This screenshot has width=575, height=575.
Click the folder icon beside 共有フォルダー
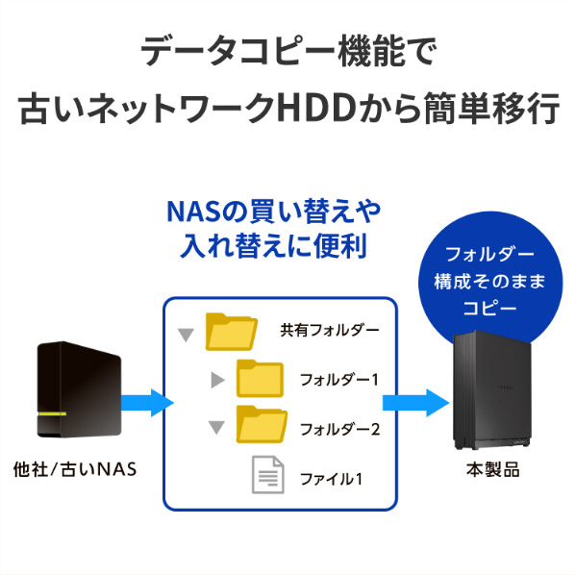pyautogui.click(x=231, y=332)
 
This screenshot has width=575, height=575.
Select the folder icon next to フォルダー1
pyautogui.click(x=260, y=379)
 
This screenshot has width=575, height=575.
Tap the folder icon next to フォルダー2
pyautogui.click(x=262, y=424)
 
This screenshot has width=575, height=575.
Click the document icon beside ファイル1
pyautogui.click(x=268, y=475)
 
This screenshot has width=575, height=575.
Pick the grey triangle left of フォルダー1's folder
pyautogui.click(x=217, y=380)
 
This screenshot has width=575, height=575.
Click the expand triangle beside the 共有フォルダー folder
pyautogui.click(x=186, y=336)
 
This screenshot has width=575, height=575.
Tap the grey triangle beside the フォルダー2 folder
pyautogui.click(x=216, y=428)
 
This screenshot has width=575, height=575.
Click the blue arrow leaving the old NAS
pyautogui.click(x=147, y=403)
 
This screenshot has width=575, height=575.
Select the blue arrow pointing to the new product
pyautogui.click(x=415, y=403)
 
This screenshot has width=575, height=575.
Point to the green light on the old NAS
pyautogui.click(x=52, y=414)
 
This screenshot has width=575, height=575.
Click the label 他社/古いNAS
pyautogui.click(x=75, y=470)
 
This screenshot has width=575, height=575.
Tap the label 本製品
pyautogui.click(x=493, y=470)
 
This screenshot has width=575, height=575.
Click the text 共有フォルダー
pyautogui.click(x=329, y=331)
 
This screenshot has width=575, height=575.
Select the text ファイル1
pyautogui.click(x=331, y=479)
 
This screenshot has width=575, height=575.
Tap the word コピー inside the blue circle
pyautogui.click(x=489, y=309)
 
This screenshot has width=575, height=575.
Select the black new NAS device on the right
pyautogui.click(x=492, y=389)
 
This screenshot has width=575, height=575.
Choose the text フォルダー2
pyautogui.click(x=339, y=430)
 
